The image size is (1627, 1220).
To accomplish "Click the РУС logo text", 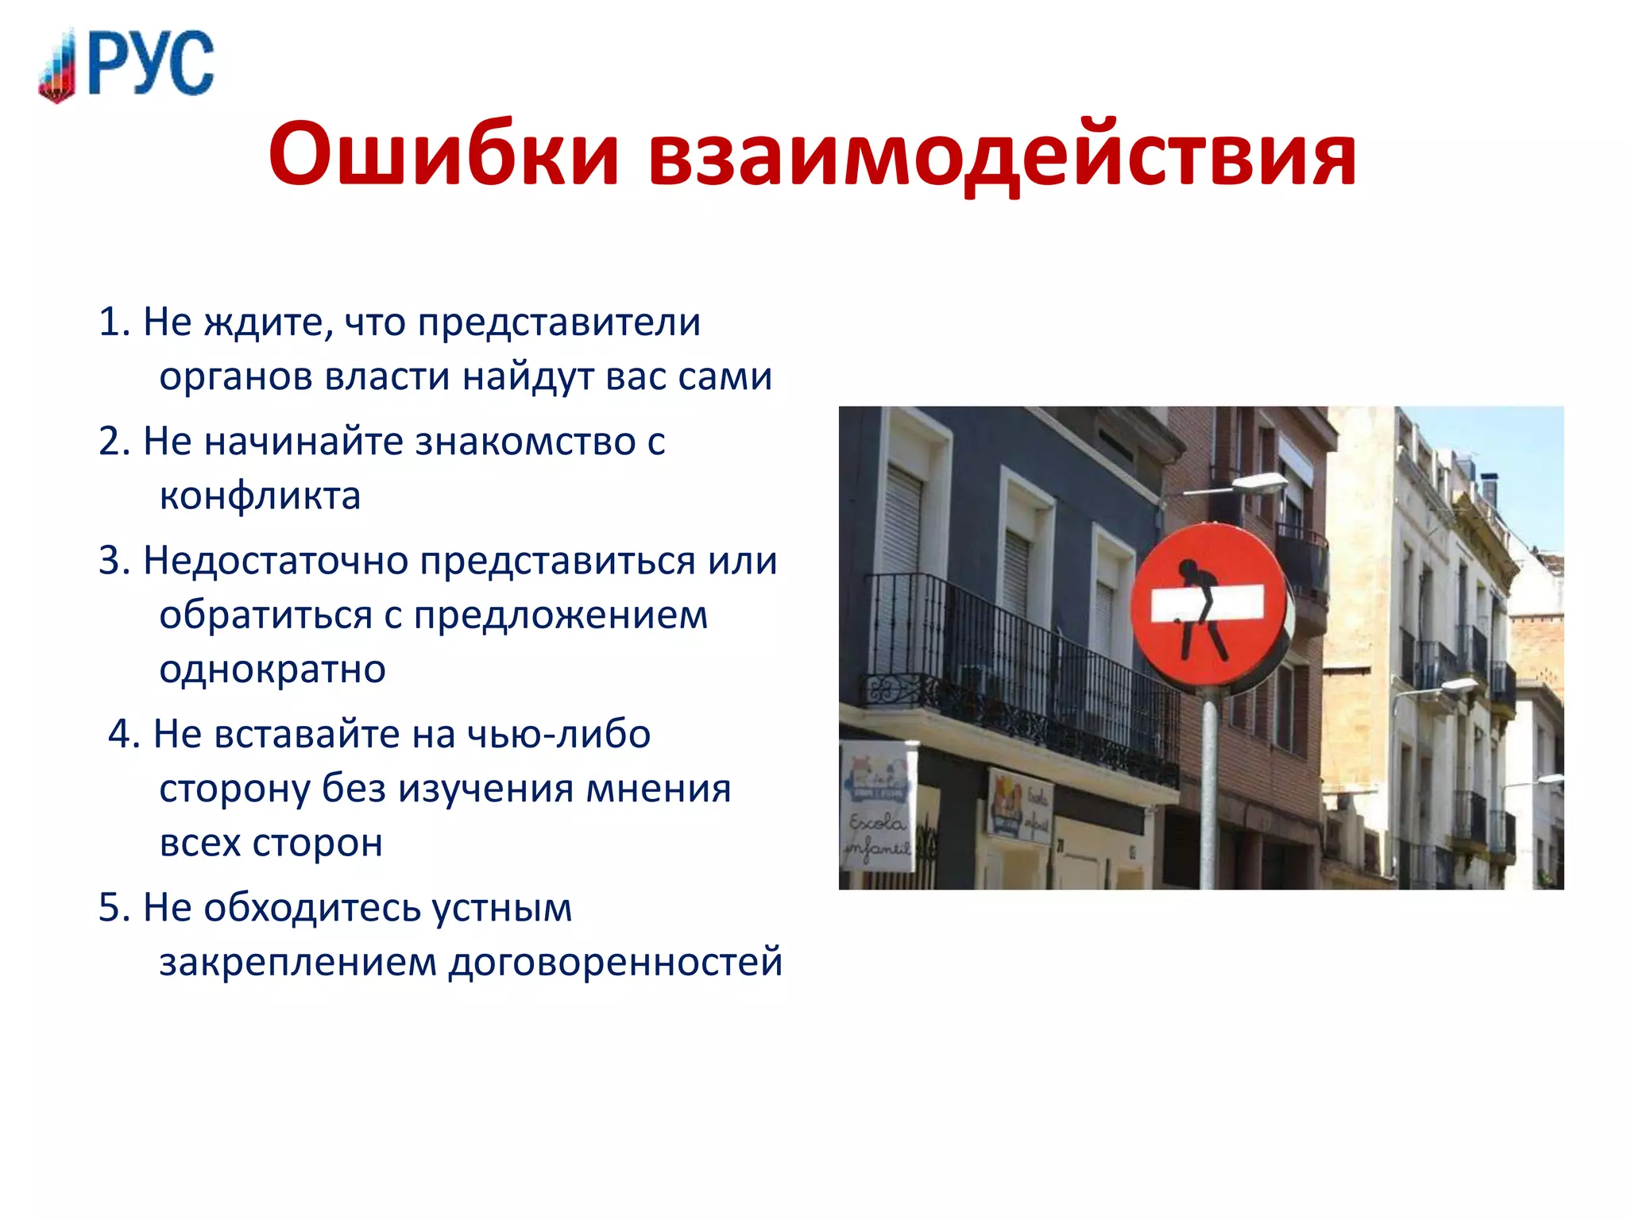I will click(151, 64).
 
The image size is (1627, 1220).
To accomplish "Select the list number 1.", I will click(113, 322).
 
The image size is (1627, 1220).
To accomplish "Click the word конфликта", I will click(260, 496).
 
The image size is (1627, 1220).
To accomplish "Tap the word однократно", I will click(272, 670).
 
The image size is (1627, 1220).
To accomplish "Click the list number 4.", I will click(123, 734).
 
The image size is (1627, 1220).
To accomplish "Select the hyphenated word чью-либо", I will click(558, 734).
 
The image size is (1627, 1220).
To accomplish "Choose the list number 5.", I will click(113, 908).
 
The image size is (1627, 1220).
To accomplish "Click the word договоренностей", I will click(616, 963).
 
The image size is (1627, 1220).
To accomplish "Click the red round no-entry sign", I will click(1208, 605).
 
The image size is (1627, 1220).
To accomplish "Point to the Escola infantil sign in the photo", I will click(877, 806).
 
